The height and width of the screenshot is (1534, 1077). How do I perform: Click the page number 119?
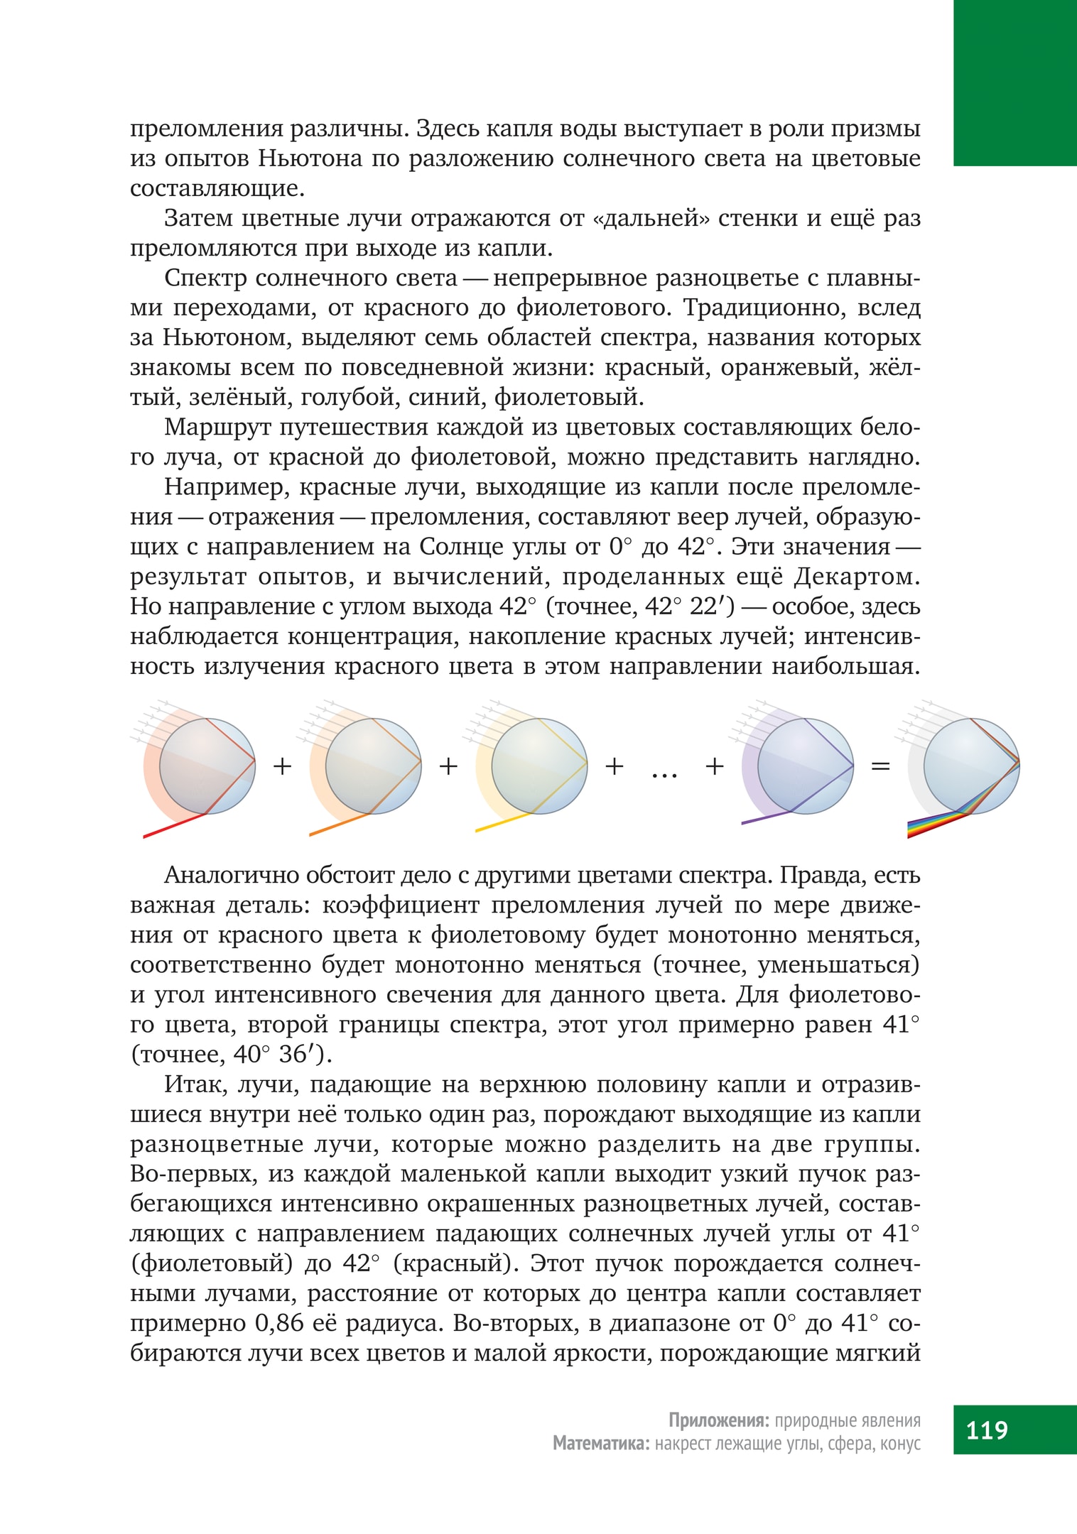(x=987, y=1429)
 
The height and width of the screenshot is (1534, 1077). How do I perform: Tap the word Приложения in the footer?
(x=718, y=1420)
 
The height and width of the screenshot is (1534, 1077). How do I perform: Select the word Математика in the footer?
(x=601, y=1444)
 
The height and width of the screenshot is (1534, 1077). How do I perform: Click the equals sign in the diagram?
(x=880, y=766)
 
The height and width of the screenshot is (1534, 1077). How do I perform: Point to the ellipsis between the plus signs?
(x=664, y=773)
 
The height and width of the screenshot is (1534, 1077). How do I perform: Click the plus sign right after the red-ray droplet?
(x=283, y=766)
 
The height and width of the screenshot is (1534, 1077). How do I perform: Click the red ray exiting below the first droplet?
(x=174, y=825)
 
